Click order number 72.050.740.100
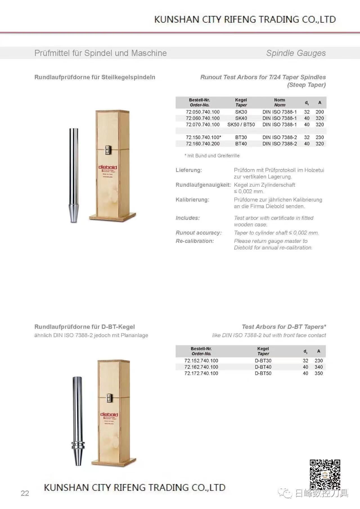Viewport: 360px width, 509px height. point(202,112)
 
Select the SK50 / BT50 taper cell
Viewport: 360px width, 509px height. point(241,125)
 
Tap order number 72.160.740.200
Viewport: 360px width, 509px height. point(202,144)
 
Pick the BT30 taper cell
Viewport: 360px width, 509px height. point(241,138)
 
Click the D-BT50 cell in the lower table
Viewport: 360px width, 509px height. point(263,373)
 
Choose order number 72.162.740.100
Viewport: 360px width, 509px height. point(201,367)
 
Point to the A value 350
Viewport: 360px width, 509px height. point(319,373)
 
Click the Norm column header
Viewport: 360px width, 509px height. point(280,102)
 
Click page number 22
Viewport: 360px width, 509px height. point(25,493)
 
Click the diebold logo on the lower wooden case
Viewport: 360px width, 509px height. point(109,415)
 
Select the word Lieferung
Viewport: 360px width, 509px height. point(189,170)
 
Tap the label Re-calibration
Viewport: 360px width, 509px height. point(195,241)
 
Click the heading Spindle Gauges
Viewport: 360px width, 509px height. point(296,53)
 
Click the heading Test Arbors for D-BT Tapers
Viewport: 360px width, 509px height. point(284,327)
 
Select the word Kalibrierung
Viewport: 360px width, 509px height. point(192,200)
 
